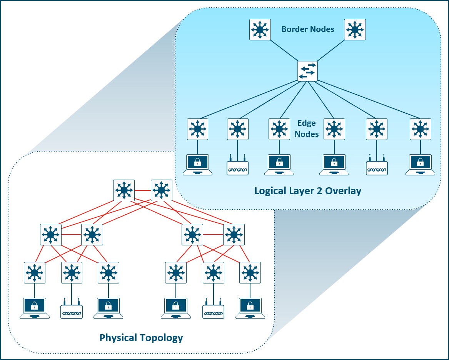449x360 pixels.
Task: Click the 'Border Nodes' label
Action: tap(308, 29)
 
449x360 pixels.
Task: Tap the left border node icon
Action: tap(260, 30)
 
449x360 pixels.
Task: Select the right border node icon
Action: tap(355, 30)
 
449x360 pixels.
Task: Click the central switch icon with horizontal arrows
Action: tap(307, 71)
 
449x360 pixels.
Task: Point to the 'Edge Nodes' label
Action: tap(307, 128)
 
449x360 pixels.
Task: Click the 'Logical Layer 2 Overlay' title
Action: tap(308, 191)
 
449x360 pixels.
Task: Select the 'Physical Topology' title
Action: tap(141, 338)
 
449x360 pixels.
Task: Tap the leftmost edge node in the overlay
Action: tap(198, 129)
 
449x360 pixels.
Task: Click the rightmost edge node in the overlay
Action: tap(421, 129)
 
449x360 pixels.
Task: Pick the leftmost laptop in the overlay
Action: tap(198, 165)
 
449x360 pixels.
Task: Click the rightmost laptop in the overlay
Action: tap(421, 165)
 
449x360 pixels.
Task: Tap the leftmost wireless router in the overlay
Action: tap(237, 165)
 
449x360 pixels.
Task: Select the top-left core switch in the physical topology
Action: tap(124, 190)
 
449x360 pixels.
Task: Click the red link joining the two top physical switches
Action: tap(143, 190)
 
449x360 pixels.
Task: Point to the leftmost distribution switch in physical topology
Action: tap(51, 235)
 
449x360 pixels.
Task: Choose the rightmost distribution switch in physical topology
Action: tap(234, 235)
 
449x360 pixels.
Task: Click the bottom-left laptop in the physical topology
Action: tap(35, 308)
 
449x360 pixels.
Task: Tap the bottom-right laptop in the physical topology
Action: tap(250, 308)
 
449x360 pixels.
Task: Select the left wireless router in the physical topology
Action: tap(72, 308)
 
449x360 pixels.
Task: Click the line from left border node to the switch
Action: tap(284, 51)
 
